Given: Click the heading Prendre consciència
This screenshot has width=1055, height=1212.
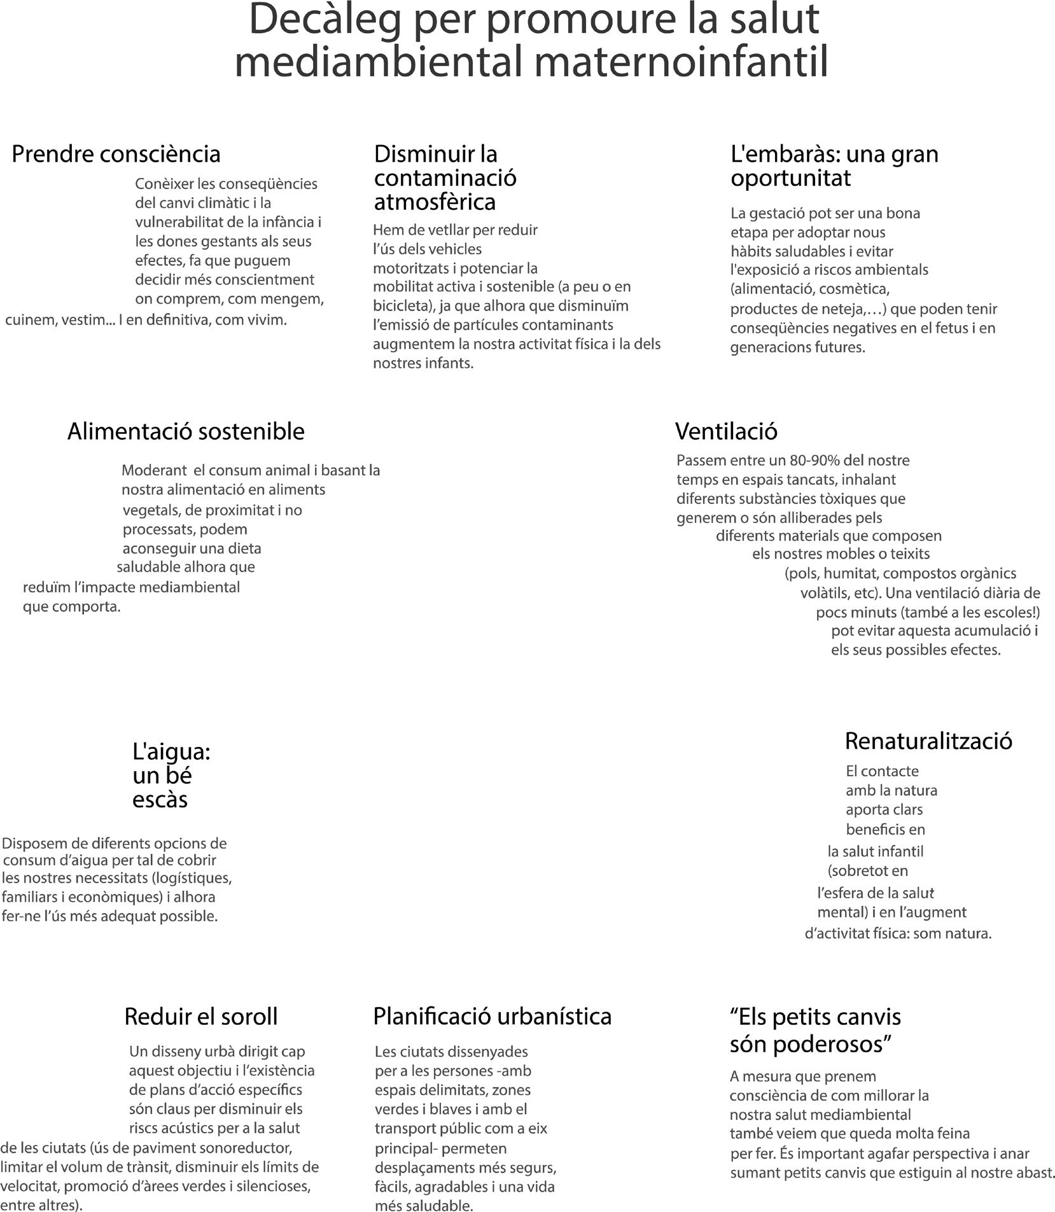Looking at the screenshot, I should (x=116, y=154).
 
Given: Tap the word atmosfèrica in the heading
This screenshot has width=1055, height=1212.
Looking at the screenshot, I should (x=435, y=202).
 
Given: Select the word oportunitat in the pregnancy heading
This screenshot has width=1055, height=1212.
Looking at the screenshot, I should (x=790, y=178).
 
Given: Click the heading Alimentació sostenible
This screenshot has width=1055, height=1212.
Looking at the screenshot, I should (x=186, y=431).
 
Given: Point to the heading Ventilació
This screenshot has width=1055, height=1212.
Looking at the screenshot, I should (x=726, y=431).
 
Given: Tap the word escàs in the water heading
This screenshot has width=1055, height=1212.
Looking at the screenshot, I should (x=160, y=799).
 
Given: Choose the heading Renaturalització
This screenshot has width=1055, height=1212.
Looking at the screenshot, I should (x=928, y=741).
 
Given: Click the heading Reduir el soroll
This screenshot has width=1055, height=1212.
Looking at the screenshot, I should (x=201, y=1017).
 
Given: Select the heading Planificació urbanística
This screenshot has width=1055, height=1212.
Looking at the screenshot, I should (x=492, y=1017).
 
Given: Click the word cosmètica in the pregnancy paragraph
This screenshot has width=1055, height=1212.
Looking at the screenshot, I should (x=854, y=289).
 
